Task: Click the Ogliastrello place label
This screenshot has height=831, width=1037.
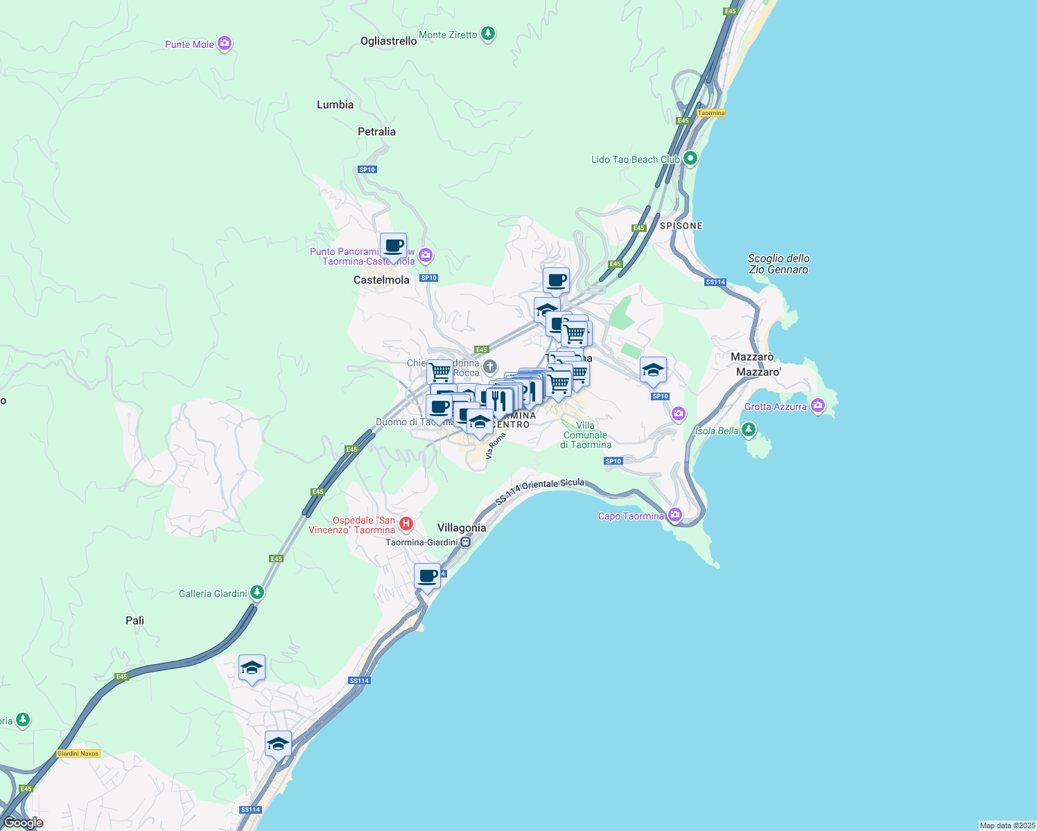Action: point(388,41)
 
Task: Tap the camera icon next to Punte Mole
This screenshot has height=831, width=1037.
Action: point(224,44)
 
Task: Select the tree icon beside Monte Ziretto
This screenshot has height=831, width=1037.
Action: point(488,33)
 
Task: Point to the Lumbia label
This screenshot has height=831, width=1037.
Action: point(335,105)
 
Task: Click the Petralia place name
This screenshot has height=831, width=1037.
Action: point(376,132)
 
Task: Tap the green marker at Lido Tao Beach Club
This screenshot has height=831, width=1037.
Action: point(690,159)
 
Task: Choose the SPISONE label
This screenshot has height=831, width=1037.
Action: point(681,226)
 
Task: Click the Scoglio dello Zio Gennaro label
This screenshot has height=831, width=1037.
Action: point(778,264)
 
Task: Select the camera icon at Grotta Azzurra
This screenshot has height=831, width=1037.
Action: point(818,405)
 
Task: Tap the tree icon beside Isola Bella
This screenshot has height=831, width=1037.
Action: point(748,429)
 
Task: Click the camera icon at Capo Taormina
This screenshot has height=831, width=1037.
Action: point(675,515)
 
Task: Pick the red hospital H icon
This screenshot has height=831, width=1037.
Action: point(406,524)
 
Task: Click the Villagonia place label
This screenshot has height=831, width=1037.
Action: point(462,528)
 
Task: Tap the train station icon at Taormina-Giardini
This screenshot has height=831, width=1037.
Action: point(465,542)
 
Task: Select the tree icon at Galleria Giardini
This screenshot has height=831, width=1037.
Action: point(257,592)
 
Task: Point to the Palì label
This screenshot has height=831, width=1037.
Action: point(134,620)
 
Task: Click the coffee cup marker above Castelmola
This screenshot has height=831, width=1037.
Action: point(393,246)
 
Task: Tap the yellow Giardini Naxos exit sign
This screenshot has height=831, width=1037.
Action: point(78,753)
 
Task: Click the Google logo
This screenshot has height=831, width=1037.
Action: point(23,823)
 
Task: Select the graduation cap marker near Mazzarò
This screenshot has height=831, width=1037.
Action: point(653,370)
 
